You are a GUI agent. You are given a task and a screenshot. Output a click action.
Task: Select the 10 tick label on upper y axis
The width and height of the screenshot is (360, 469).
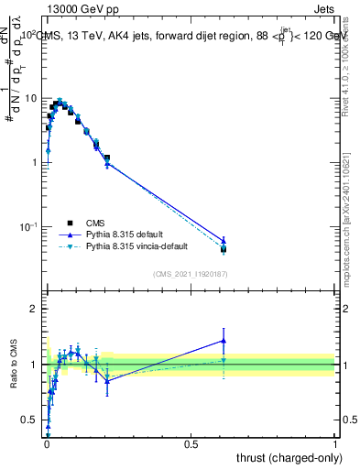click(31, 98)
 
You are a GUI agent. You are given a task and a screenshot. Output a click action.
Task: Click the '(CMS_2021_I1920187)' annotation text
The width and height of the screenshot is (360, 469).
click(190, 273)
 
